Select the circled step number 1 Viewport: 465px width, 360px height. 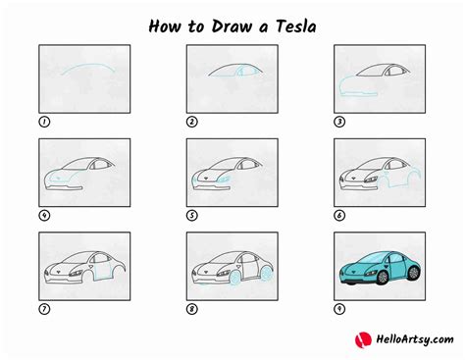43,122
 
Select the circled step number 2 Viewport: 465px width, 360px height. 191,122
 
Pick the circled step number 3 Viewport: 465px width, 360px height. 339,122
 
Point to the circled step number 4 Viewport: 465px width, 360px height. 43,216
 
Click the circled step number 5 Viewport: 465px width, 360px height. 191,216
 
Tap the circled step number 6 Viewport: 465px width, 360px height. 339,216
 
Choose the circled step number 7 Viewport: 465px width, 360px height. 43,310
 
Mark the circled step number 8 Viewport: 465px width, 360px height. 191,310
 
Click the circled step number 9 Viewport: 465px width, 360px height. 339,310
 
